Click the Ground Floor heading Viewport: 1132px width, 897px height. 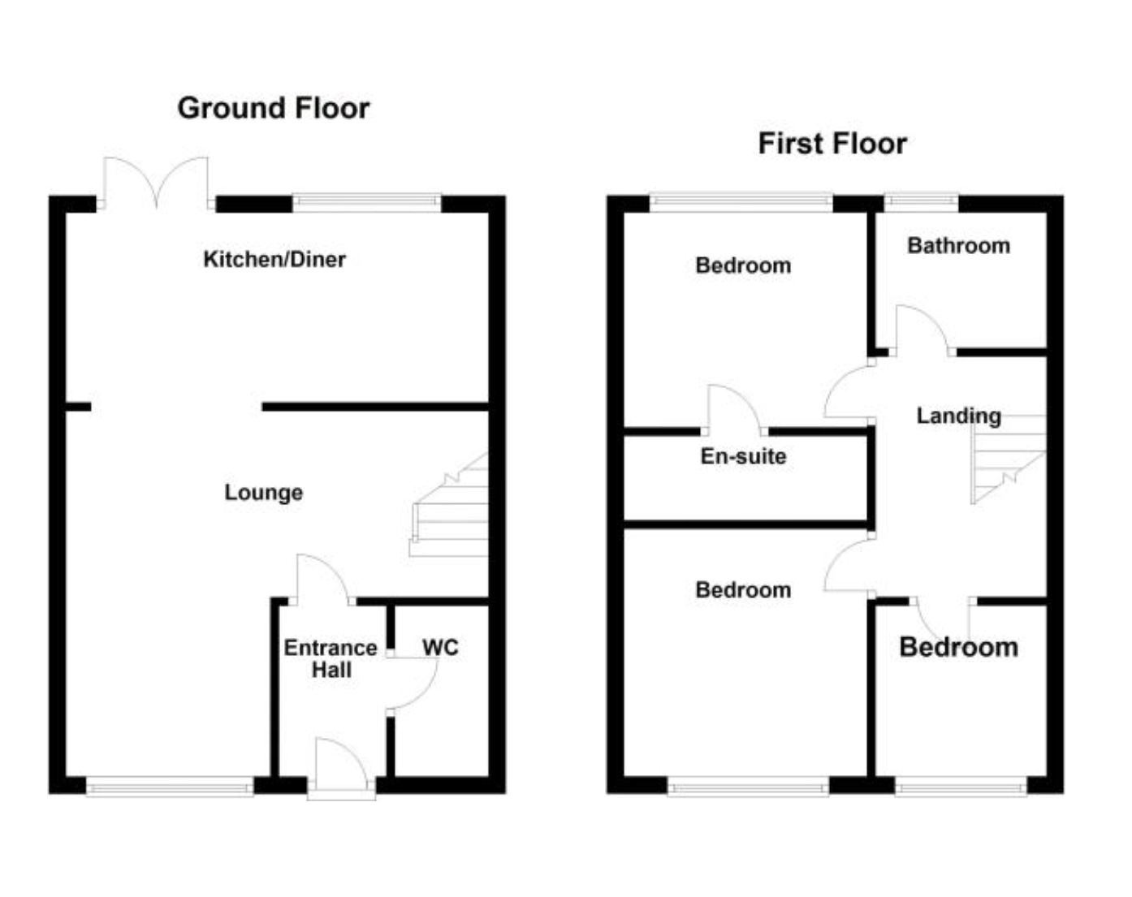point(274,108)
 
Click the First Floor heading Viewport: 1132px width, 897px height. point(832,144)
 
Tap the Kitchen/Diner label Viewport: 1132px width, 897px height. point(274,259)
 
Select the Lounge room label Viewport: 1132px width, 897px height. point(264,492)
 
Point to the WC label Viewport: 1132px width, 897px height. point(440,647)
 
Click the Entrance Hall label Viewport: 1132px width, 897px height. point(331,658)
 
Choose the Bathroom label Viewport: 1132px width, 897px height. point(958,245)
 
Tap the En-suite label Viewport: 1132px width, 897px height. point(743,456)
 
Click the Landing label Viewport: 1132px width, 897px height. point(958,416)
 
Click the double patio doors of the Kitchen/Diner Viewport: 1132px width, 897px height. point(156,183)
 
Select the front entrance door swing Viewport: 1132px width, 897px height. point(339,763)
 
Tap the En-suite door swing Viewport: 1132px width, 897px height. point(732,408)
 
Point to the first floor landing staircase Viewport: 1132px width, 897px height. point(1007,459)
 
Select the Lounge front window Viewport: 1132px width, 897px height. point(170,786)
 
